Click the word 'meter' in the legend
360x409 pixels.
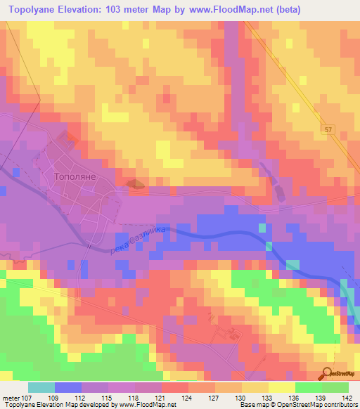[11, 398]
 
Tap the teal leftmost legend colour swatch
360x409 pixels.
[41, 387]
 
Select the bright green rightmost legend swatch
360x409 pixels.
[335, 387]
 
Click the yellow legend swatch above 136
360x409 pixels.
[281, 387]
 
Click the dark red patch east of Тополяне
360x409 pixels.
[136, 184]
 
